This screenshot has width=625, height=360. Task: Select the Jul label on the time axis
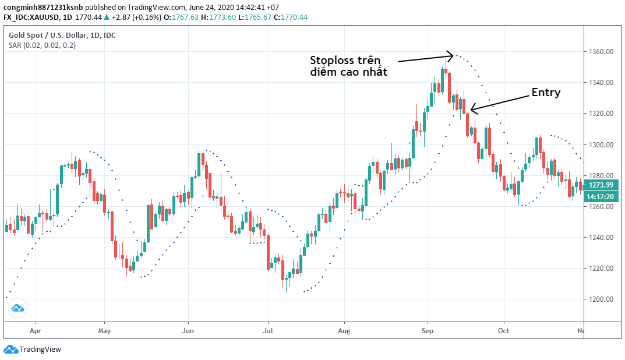point(267,330)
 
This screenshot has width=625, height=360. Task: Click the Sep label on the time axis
point(428,330)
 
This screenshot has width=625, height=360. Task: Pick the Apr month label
point(36,330)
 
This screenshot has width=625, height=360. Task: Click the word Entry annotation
point(546,93)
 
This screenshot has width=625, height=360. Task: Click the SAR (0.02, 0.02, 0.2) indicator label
point(42,46)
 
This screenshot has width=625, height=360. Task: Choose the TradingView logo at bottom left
point(33,350)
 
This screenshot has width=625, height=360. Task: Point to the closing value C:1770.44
point(294,17)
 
